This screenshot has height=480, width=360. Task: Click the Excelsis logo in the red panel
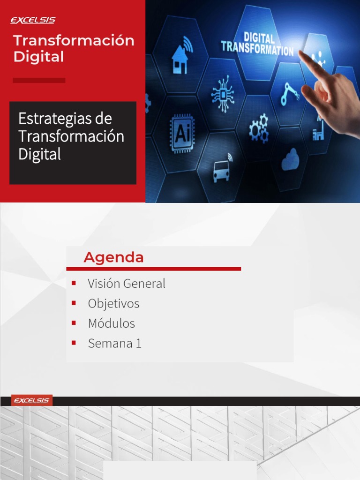click(33, 20)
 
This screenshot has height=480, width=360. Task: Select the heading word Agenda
click(113, 257)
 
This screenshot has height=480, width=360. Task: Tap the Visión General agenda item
click(127, 284)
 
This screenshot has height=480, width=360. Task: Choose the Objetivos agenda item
click(113, 304)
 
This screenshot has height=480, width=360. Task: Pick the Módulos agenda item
click(111, 323)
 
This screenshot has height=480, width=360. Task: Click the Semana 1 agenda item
click(114, 344)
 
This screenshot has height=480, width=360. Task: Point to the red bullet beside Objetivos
click(74, 303)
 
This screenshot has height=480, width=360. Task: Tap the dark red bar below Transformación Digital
click(39, 80)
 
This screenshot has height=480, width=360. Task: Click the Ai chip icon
click(181, 133)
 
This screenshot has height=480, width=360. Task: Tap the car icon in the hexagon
click(222, 170)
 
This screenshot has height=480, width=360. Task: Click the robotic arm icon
click(290, 94)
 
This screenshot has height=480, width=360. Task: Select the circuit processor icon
click(223, 94)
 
